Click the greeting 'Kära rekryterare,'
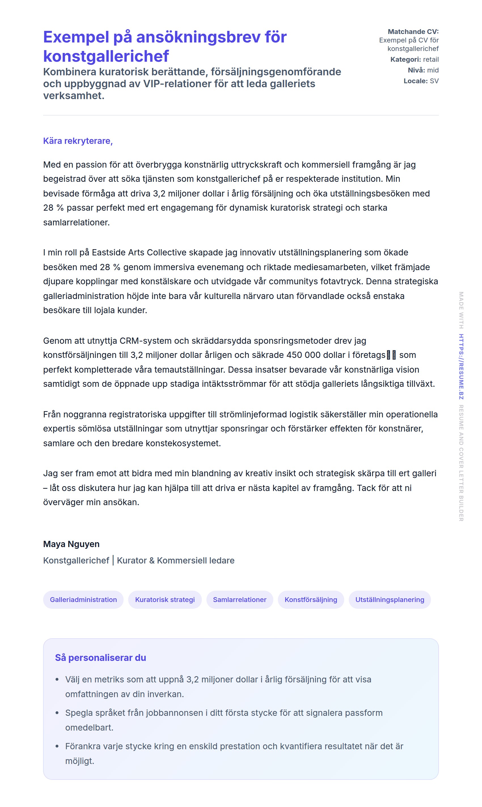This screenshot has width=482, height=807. [x=78, y=141]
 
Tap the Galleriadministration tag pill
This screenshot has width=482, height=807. [x=83, y=600]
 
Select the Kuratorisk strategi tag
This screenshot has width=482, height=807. [x=165, y=600]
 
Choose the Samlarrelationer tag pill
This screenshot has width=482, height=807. [x=240, y=600]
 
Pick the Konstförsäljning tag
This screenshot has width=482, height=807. [x=311, y=600]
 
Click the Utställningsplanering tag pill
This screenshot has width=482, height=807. [x=390, y=600]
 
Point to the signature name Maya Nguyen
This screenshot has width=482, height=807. [x=71, y=544]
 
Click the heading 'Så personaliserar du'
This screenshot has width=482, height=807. [x=100, y=657]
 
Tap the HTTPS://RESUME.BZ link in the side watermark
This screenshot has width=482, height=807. [x=461, y=366]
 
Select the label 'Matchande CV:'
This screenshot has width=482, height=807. [x=413, y=31]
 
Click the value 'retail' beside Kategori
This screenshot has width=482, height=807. [x=431, y=59]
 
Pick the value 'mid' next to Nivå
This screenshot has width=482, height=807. [x=433, y=70]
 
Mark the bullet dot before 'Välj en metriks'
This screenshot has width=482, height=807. [x=57, y=680]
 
